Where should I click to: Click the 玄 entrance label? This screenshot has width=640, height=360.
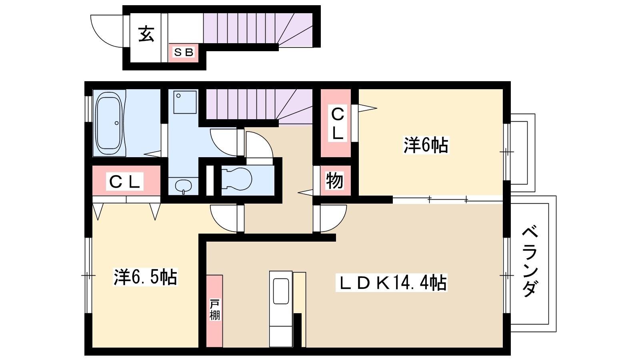point(146,34)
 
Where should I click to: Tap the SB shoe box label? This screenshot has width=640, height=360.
point(184,52)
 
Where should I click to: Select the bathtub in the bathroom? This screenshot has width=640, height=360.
point(110,123)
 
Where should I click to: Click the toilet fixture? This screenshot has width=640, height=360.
point(237,179)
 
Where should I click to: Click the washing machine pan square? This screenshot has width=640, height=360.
point(185,102)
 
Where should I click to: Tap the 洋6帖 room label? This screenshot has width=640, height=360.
point(426,145)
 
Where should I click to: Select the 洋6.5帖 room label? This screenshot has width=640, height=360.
point(146,277)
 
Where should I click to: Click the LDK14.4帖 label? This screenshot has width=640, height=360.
point(392,282)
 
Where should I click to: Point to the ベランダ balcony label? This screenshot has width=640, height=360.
point(530,262)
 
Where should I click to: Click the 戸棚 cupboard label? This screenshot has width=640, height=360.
point(215,310)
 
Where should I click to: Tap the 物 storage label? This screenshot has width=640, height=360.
point(334,180)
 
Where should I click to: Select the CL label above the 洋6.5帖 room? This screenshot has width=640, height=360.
point(124,182)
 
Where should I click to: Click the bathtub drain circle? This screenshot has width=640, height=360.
point(116,123)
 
